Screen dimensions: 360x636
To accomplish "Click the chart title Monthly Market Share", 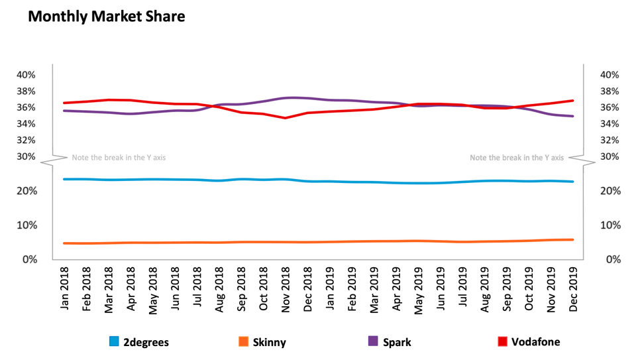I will pyautogui.click(x=106, y=17).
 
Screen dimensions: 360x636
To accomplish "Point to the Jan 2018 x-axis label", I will pyautogui.click(x=65, y=290).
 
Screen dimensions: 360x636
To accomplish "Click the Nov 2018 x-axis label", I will pyautogui.click(x=286, y=290).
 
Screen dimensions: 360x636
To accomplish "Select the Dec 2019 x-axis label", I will pyautogui.click(x=572, y=290).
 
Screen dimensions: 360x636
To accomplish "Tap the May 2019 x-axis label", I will pyautogui.click(x=418, y=290).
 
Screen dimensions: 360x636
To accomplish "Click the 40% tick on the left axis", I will pyautogui.click(x=26, y=74).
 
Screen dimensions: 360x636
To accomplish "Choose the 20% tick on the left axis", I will pyautogui.click(x=26, y=191).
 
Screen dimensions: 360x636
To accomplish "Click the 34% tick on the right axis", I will pyautogui.click(x=609, y=124).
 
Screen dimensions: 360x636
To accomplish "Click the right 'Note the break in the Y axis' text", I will pyautogui.click(x=517, y=158).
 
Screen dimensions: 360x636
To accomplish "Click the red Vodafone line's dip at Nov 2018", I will pyautogui.click(x=286, y=118).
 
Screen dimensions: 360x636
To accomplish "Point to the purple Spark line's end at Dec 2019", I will pyautogui.click(x=572, y=116).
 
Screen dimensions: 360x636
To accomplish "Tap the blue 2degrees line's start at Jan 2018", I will pyautogui.click(x=65, y=179).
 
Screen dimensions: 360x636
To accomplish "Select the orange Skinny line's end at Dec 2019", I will pyautogui.click(x=572, y=239).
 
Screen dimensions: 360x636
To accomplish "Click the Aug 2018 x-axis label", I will pyautogui.click(x=219, y=290).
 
